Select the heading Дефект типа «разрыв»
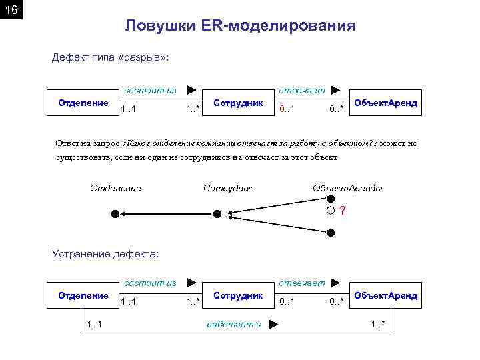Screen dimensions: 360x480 point(111,58)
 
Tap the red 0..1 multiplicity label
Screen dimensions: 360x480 point(287,109)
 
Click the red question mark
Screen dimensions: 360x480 point(343,211)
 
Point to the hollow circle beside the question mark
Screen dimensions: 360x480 point(331,211)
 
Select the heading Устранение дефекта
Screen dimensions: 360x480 point(106,253)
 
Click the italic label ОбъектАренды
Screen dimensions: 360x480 point(347,188)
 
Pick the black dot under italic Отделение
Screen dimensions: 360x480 point(115,214)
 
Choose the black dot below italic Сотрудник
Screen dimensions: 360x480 point(217,214)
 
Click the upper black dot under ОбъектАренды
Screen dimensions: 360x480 point(331,199)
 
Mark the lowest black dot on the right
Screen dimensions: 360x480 point(331,232)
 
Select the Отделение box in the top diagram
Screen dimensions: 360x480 point(83,103)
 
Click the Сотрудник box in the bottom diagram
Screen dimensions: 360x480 point(238,295)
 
